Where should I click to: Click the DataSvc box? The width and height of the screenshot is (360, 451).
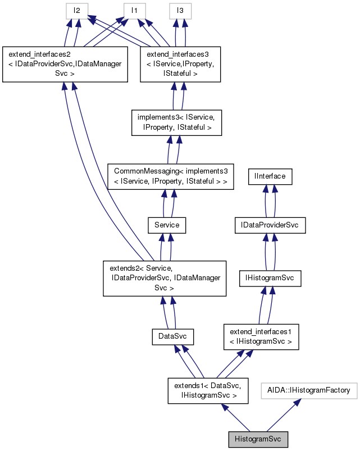pos(173,337)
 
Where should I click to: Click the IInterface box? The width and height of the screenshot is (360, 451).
pos(270,176)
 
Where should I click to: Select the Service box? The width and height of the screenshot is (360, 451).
pos(166,225)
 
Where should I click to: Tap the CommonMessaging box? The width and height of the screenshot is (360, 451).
pos(170,175)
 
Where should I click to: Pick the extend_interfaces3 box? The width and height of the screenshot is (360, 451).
pos(180,65)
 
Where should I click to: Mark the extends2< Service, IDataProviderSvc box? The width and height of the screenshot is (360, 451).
pos(165,278)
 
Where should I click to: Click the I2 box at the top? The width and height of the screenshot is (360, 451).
pos(77,10)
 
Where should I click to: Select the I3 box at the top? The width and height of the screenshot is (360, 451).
pos(180,10)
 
